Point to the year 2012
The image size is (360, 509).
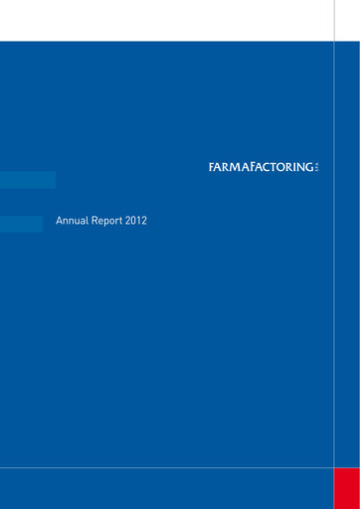(137, 221)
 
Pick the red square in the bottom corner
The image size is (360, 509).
(346, 487)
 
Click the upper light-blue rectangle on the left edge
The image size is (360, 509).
(27, 180)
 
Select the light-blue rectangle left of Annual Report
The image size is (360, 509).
(21, 224)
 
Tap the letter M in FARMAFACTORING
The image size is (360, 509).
(232, 167)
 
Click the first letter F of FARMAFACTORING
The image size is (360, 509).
(212, 167)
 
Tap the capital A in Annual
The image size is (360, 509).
(60, 221)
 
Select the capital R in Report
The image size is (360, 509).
(95, 221)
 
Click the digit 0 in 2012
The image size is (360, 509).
(134, 221)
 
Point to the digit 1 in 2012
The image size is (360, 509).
(139, 221)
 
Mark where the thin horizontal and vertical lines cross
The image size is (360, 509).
(334, 466)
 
